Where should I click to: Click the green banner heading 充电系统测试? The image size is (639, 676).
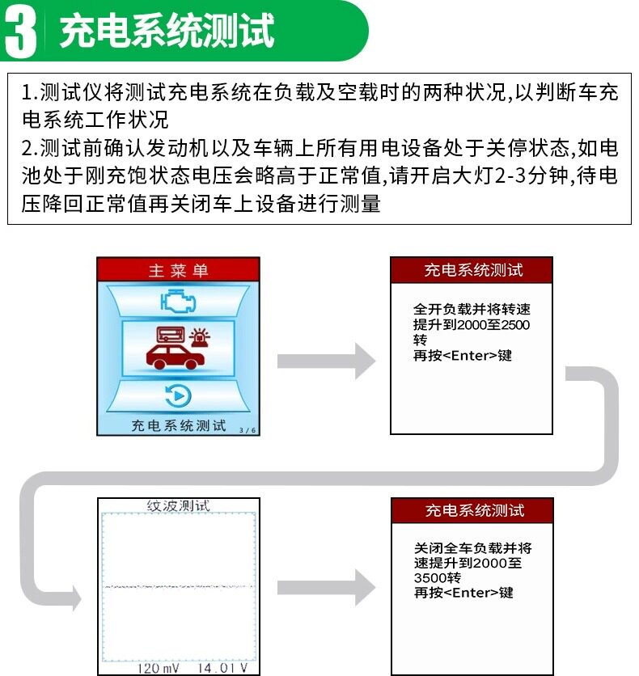[167, 32]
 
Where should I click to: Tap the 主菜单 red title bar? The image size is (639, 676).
[178, 270]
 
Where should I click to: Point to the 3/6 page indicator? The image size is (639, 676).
[247, 430]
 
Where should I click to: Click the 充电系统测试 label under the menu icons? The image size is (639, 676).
[179, 425]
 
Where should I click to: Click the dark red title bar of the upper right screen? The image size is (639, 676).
[472, 270]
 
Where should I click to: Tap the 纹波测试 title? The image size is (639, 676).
[179, 506]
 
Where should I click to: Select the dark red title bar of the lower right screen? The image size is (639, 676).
[472, 510]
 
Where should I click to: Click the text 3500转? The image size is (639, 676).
[437, 578]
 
